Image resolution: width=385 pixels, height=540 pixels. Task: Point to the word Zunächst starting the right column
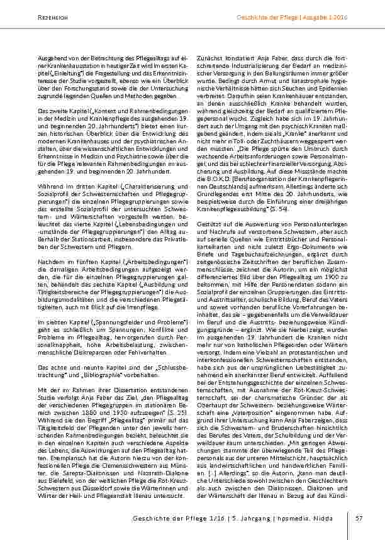click(x=209, y=58)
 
